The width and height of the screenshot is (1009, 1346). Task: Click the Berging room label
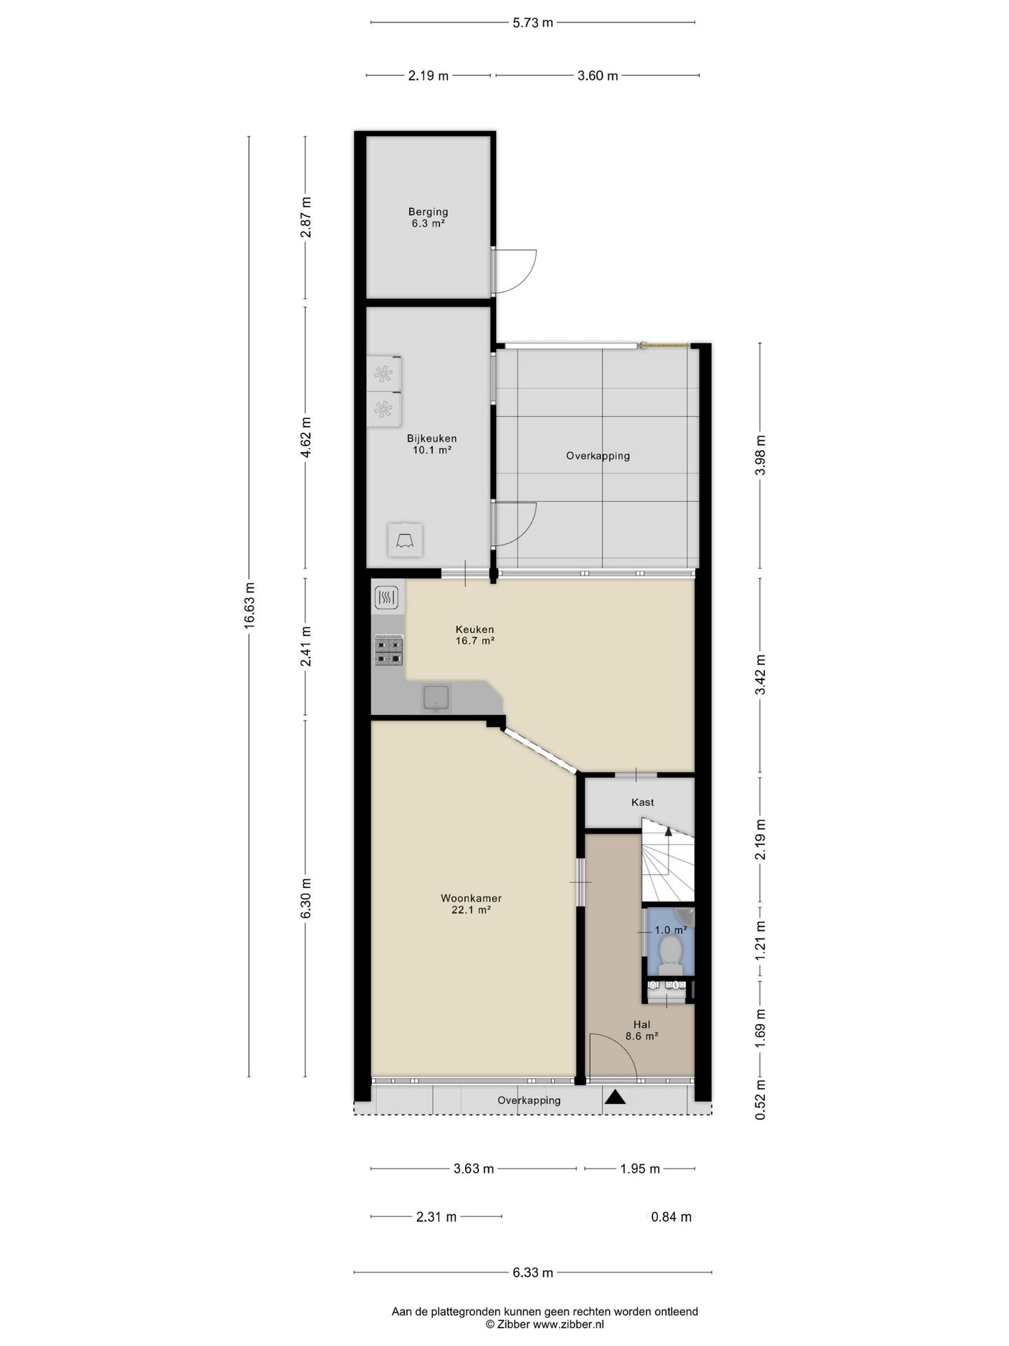[x=428, y=217]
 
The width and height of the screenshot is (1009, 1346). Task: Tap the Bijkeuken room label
[x=432, y=444]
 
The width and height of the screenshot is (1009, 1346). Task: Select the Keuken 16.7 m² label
[x=474, y=634]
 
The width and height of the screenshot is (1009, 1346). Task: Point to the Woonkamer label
[x=471, y=904]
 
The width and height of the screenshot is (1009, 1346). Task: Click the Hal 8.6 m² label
[x=641, y=1030]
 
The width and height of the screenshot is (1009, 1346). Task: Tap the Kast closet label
[x=643, y=802]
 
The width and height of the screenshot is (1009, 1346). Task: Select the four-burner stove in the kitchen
[x=389, y=650]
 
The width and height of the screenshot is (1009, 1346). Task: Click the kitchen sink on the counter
[x=436, y=699]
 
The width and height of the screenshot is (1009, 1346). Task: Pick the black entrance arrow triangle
[x=615, y=1098]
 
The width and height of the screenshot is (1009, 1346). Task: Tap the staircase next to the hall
[x=668, y=862]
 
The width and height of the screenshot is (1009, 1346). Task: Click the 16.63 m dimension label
[x=249, y=606]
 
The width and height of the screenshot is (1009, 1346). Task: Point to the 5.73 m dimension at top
[x=533, y=22]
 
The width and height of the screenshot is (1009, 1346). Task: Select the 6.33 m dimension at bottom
[x=533, y=1272]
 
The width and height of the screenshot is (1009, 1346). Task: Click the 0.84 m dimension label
[x=671, y=1217]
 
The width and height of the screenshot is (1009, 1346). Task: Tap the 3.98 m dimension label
[x=760, y=455]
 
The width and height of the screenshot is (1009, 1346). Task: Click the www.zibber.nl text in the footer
[x=568, y=1324]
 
